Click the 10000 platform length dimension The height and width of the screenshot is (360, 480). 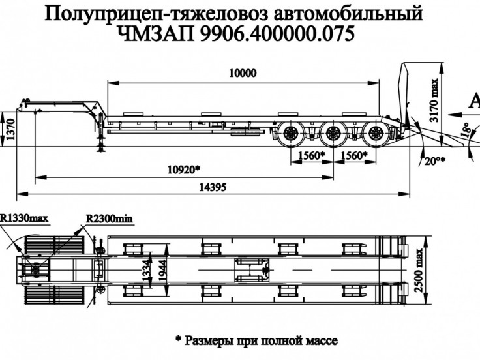coord(243,74)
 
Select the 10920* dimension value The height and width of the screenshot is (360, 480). coord(184,169)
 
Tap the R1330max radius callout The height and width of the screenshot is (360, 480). coord(25,218)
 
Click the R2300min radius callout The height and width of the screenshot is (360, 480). coord(108,218)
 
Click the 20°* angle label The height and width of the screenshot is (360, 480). coord(434,160)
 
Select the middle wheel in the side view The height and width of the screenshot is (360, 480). coord(333,137)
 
